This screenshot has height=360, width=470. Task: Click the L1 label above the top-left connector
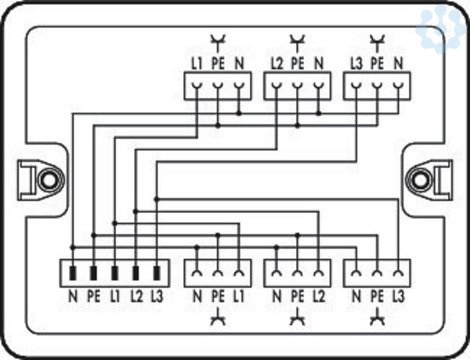pos(197,63)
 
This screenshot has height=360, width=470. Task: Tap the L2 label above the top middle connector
pos(277,63)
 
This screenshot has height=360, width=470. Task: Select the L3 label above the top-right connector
pos(356,63)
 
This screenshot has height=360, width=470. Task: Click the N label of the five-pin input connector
pos(73,297)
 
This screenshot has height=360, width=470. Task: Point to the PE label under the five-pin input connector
pos(93,297)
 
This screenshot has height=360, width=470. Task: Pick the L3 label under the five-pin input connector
pos(157,297)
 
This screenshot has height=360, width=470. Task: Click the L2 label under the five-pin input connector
pos(136,297)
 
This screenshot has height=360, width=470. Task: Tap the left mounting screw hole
pos(49,180)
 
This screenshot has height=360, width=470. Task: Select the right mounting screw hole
pos(420,180)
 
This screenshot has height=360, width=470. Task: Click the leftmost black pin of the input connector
pos(73,273)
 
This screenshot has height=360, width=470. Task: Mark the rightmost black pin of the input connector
pos(157,273)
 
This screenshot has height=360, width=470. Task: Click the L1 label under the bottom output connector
pos(239,297)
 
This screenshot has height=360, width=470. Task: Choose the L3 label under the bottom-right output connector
pos(398,297)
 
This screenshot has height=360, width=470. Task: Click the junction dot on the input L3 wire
pos(157,199)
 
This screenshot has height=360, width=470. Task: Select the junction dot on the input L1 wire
pos(114,223)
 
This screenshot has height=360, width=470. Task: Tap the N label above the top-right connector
pos(398,63)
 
